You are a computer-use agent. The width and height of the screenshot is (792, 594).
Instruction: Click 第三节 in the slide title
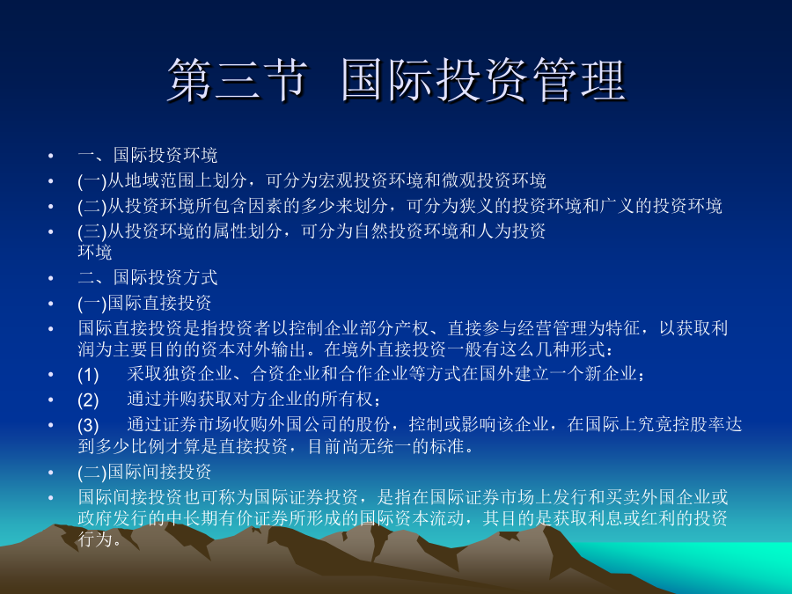click(237, 80)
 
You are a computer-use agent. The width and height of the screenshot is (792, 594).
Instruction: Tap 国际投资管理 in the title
click(484, 80)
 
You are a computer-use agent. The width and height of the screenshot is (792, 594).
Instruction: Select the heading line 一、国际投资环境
click(148, 155)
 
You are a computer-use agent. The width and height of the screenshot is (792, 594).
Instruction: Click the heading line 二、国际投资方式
click(148, 277)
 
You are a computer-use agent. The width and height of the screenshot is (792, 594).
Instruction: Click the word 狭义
click(476, 206)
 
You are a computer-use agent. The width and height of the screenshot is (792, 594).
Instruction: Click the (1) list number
click(88, 375)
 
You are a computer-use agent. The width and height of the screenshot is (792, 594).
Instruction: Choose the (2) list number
click(88, 400)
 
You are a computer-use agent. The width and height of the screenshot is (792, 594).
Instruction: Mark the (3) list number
click(88, 425)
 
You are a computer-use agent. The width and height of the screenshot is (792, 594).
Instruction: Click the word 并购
click(180, 400)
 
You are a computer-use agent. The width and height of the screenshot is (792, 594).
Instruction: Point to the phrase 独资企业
click(197, 374)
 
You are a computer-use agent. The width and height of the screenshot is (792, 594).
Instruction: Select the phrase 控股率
click(699, 425)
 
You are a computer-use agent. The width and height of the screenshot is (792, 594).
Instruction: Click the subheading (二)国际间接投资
click(144, 473)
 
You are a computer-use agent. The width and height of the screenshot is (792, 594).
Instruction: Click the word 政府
click(95, 518)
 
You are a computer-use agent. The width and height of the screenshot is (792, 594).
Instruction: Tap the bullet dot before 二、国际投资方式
click(50, 278)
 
